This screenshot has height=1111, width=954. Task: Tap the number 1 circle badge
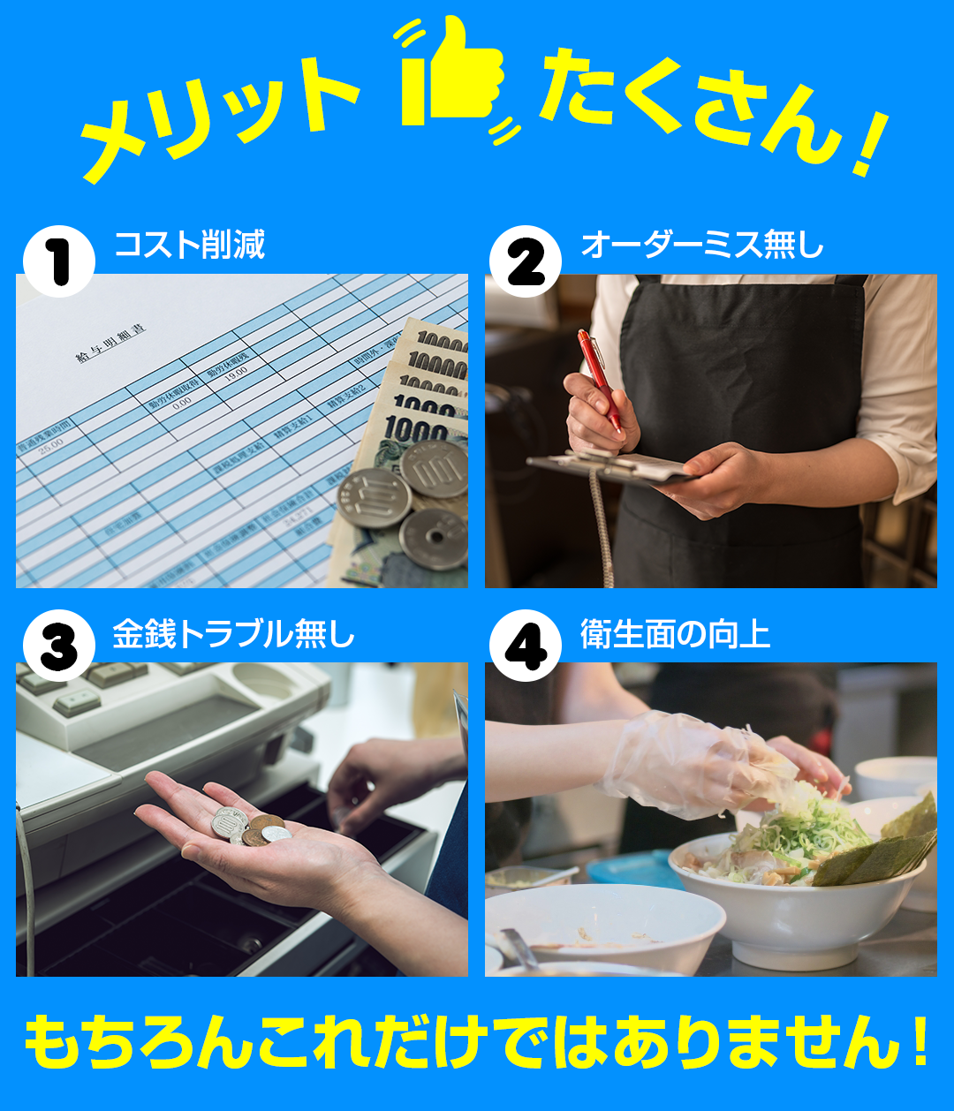click(58, 261)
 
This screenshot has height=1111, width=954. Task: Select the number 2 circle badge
click(526, 261)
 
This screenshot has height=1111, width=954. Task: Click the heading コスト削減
click(189, 246)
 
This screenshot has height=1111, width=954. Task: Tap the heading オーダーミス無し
click(701, 246)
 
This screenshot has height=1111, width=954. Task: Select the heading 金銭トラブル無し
click(233, 634)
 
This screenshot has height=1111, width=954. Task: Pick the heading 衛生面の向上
click(675, 634)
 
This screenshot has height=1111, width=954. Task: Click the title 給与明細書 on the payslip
click(110, 344)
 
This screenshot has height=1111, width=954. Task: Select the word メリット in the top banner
click(221, 115)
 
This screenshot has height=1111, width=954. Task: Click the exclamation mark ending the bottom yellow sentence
click(919, 1042)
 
